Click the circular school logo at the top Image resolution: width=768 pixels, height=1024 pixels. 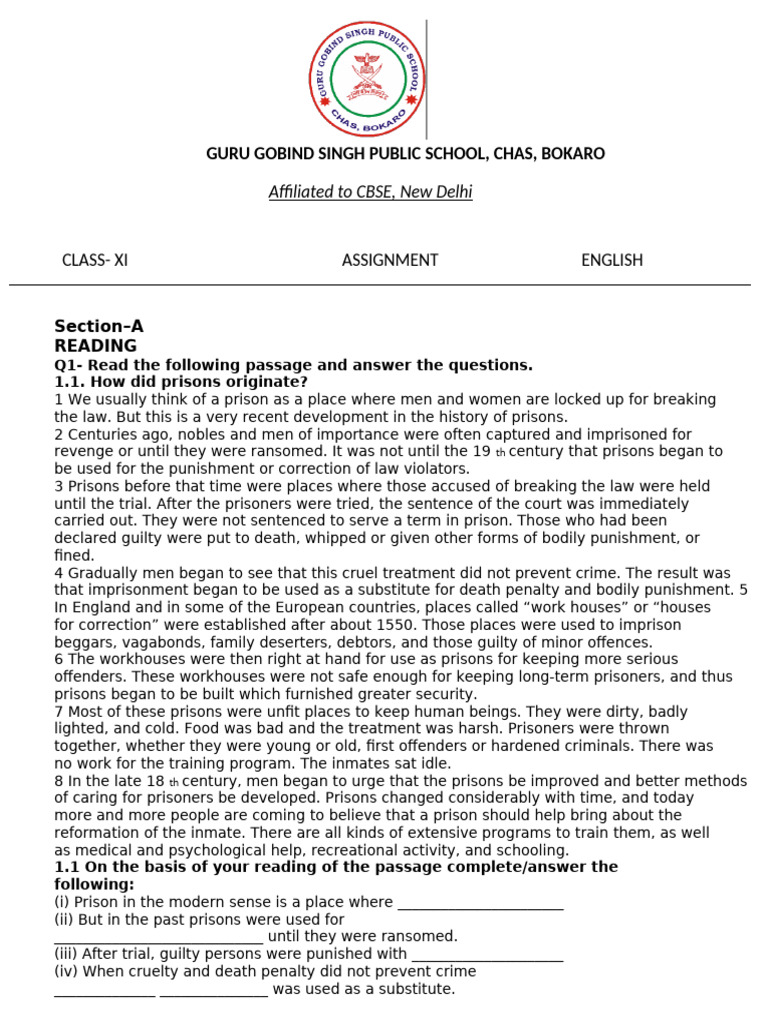[x=366, y=78]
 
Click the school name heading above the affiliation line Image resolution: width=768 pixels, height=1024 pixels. [x=405, y=154]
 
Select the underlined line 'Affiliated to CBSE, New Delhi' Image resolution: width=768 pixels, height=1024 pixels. [x=370, y=192]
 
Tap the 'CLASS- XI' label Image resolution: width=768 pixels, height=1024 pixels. [x=95, y=260]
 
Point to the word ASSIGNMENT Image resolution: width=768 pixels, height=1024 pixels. [x=390, y=260]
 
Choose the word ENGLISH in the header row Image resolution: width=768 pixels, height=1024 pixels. [x=612, y=260]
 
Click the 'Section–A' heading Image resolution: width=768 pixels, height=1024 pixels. [x=99, y=327]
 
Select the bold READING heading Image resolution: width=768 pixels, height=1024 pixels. [x=95, y=346]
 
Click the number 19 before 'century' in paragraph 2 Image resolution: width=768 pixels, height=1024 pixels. [x=481, y=451]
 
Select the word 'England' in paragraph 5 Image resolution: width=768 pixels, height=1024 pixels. [x=101, y=608]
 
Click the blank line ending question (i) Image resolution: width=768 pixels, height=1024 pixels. [x=480, y=904]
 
